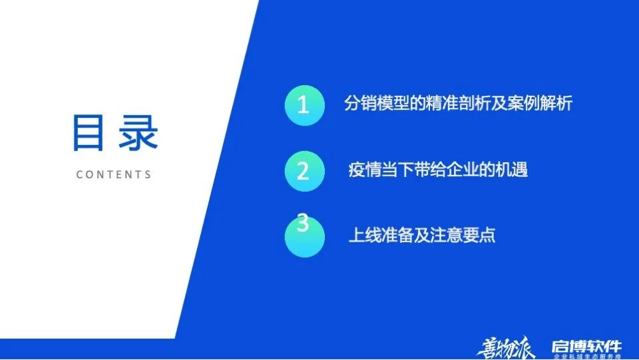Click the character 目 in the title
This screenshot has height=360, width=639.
[91, 134]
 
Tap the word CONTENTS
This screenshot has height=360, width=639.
[114, 175]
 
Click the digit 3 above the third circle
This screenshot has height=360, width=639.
[303, 223]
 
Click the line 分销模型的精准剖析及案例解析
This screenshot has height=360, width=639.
[458, 103]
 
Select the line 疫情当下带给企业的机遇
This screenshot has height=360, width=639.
[438, 169]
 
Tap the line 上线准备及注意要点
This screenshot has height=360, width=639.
[422, 236]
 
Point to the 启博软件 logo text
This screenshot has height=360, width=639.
[586, 345]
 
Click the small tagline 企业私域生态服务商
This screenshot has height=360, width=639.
[586, 357]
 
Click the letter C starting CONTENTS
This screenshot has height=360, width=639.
[80, 175]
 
